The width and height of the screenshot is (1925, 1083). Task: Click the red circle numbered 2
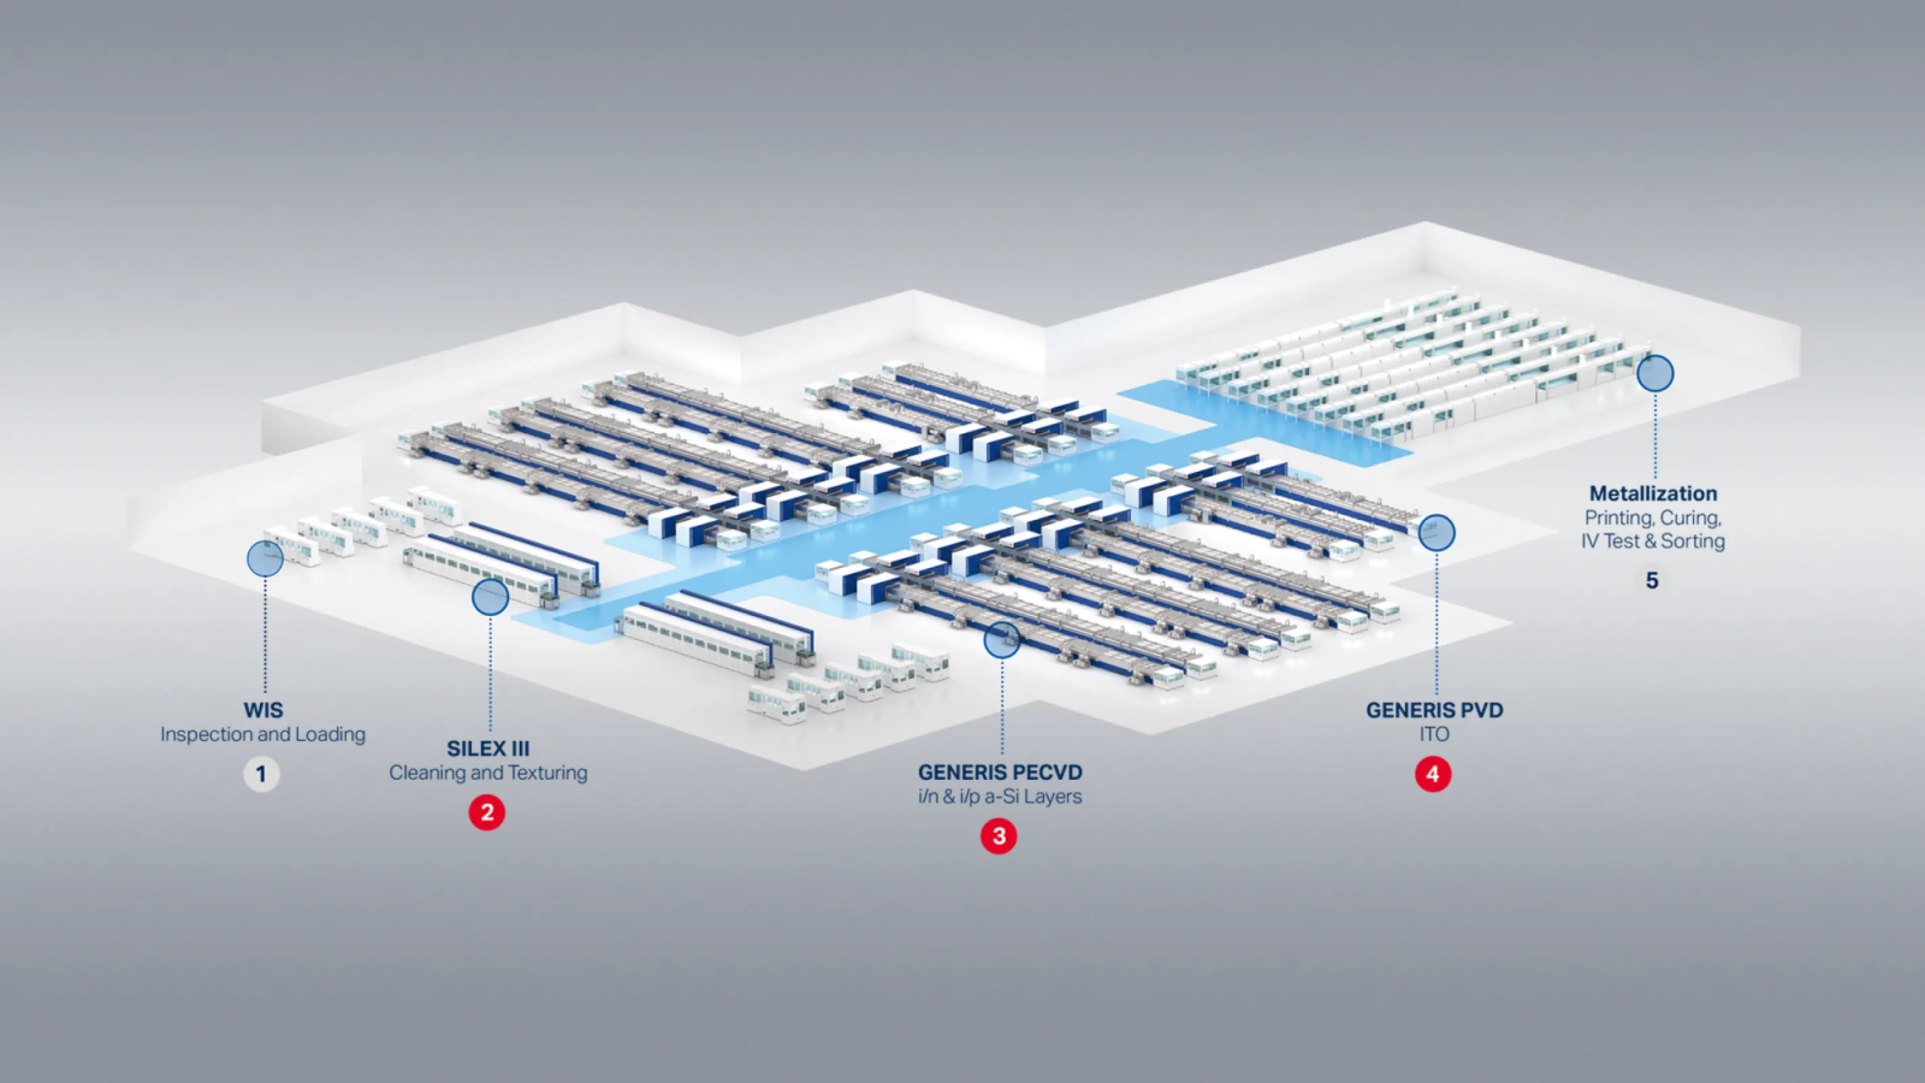(x=487, y=812)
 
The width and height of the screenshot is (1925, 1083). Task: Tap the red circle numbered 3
(x=998, y=837)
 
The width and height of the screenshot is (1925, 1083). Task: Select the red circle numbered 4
(x=1432, y=774)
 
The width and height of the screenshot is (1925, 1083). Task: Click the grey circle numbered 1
(x=261, y=774)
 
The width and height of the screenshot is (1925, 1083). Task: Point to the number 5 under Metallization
(x=1652, y=580)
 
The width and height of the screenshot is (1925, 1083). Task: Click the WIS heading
(x=263, y=710)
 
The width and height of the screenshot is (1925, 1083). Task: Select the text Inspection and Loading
(x=263, y=734)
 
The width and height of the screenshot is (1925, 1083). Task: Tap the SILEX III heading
(x=488, y=748)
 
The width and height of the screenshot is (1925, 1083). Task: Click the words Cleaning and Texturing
(x=488, y=773)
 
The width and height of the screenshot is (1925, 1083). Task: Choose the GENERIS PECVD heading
(x=1000, y=772)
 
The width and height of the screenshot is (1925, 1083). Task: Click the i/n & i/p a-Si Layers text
(x=1000, y=797)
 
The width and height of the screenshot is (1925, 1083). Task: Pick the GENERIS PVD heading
(x=1434, y=710)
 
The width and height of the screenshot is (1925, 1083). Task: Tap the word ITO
(x=1434, y=734)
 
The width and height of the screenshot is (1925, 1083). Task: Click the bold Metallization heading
(x=1653, y=493)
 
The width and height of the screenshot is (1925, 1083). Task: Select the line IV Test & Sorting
(x=1653, y=541)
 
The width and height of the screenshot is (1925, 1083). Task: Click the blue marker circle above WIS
(x=265, y=558)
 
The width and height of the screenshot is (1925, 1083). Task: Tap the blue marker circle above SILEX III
(x=490, y=597)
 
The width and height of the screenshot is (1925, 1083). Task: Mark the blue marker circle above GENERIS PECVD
(x=1001, y=640)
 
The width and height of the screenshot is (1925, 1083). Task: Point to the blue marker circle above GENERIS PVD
(x=1436, y=532)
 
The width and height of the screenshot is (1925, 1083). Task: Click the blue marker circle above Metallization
(x=1654, y=373)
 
